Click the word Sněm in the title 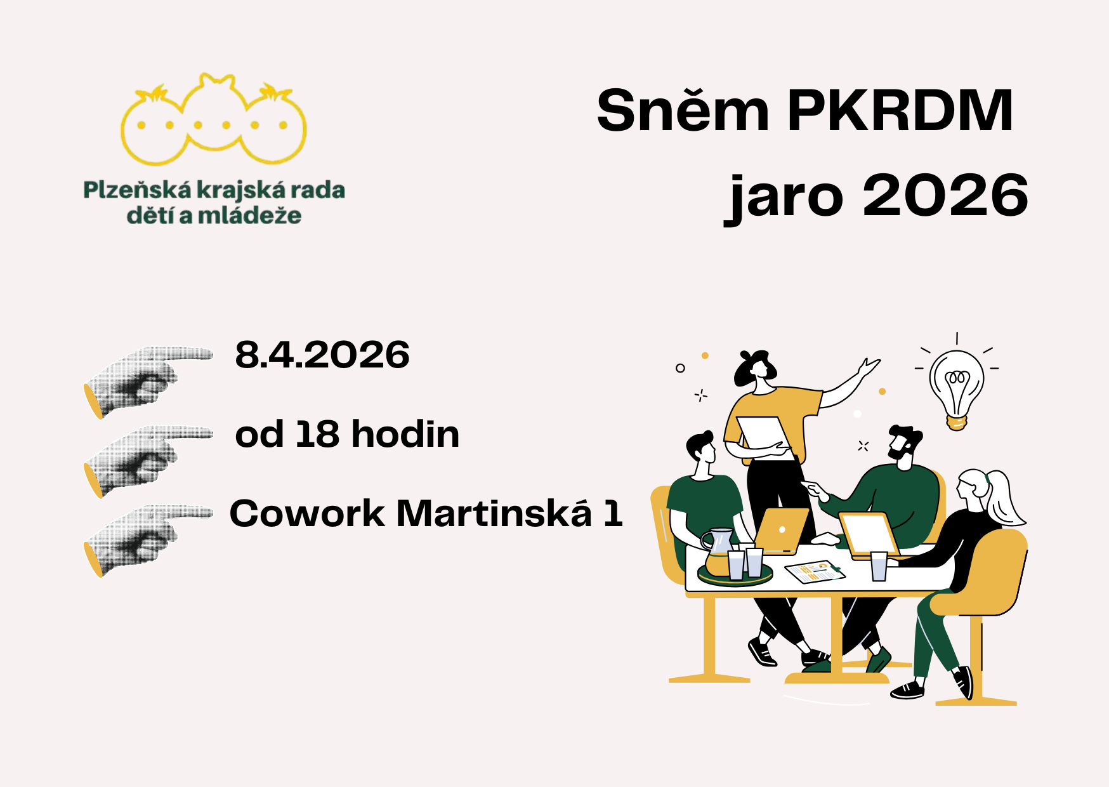click(683, 111)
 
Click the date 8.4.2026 click(322, 355)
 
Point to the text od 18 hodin click(347, 435)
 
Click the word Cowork click(307, 513)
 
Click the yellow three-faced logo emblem click(214, 121)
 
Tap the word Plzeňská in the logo click(137, 190)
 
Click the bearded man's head click(903, 444)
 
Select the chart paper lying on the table click(815, 571)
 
